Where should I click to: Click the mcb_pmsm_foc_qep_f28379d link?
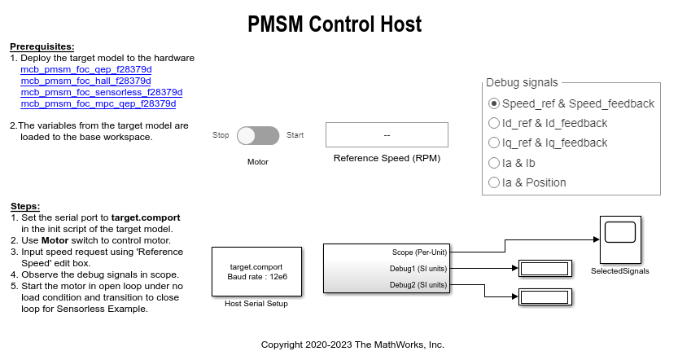pos(85,70)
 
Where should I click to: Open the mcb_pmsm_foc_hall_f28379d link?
pos(85,81)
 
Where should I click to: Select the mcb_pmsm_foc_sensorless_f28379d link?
pos(101,93)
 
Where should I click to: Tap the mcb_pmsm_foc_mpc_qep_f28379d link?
pos(98,104)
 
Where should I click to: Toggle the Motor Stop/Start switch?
pos(258,135)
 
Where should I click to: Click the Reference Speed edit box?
pos(387,134)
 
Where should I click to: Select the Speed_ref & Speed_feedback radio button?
pos(494,103)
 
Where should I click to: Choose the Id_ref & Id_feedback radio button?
pos(494,123)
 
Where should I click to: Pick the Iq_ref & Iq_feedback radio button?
pos(494,143)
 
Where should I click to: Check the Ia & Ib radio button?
pos(494,163)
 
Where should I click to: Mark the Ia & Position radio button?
pos(494,182)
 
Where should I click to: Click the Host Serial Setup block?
pos(256,271)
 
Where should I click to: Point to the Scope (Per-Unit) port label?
pos(419,252)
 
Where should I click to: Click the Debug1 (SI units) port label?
pos(418,268)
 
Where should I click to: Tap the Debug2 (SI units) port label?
pos(418,284)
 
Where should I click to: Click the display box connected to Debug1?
pos(544,268)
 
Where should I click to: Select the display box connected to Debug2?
pos(544,297)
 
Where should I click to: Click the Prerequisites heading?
pos(42,46)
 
